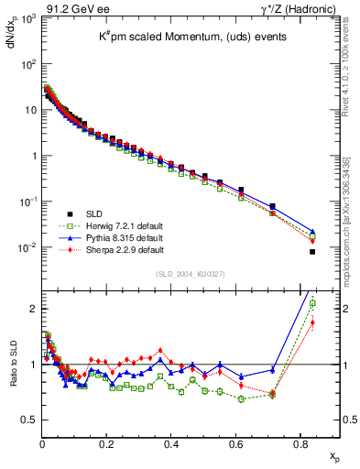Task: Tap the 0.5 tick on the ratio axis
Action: point(31,420)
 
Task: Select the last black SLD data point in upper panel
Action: point(312,252)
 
